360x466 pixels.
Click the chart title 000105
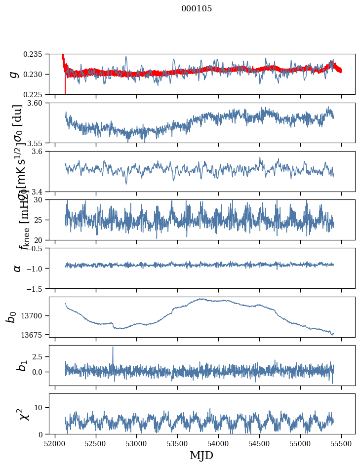pos(197,9)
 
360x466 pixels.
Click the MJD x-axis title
pos(201,456)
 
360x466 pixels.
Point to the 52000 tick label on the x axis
pos(55,443)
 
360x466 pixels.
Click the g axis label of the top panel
pos(15,74)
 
